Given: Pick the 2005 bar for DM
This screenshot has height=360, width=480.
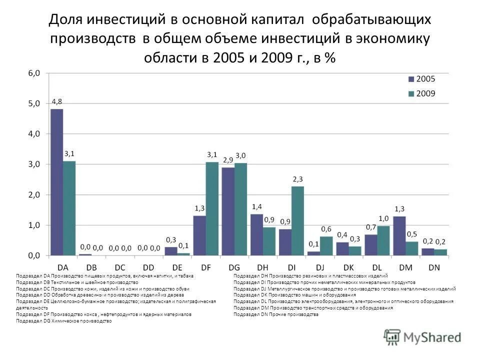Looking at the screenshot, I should pyautogui.click(x=399, y=235).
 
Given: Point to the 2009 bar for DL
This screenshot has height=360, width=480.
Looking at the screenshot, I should pyautogui.click(x=383, y=240).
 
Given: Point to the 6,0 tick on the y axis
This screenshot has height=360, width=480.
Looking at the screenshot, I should pyautogui.click(x=33, y=73).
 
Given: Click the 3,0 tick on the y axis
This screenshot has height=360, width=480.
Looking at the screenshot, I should pyautogui.click(x=33, y=164).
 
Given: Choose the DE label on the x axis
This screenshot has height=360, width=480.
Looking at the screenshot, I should pyautogui.click(x=177, y=267).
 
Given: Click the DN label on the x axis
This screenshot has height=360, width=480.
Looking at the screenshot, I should pyautogui.click(x=434, y=267).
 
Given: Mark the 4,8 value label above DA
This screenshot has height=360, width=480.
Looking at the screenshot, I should pyautogui.click(x=56, y=102).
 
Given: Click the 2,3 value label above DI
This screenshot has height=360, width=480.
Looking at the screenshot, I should pyautogui.click(x=297, y=179).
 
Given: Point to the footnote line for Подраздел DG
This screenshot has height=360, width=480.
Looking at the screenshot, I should pyautogui.click(x=64, y=321).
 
